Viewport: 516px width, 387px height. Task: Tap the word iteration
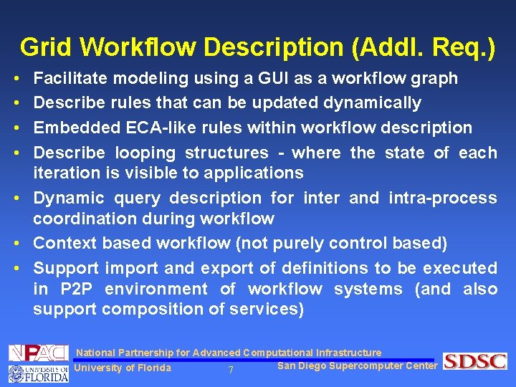[66, 173]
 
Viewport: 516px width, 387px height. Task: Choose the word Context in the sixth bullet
[65, 244]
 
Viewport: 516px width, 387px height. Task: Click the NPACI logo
[37, 353]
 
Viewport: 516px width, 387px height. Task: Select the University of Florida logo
[37, 373]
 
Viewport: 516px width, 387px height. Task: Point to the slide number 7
[230, 371]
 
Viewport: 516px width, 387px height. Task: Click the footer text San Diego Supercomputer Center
[356, 366]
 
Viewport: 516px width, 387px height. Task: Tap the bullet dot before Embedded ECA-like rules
[16, 128]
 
